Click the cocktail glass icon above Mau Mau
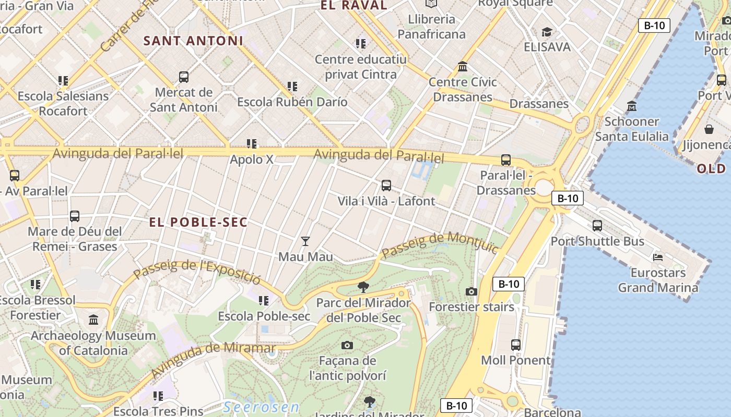tap(305, 241)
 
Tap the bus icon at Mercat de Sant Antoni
tap(184, 77)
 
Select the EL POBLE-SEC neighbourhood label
tap(198, 223)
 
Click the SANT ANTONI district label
tap(193, 41)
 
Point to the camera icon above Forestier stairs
tap(471, 291)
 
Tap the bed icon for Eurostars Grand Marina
tap(658, 257)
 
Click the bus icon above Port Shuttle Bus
tap(597, 226)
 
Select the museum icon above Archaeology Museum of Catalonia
tap(93, 320)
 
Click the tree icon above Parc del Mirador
tap(363, 287)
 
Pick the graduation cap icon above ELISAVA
tap(547, 32)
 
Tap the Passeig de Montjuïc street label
tap(440, 245)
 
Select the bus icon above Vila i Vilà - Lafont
tap(386, 185)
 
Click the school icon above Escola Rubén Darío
tap(292, 86)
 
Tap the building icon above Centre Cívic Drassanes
tap(463, 66)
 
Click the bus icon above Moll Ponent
tap(516, 345)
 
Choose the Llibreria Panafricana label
tap(431, 27)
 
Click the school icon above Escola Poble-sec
tap(264, 300)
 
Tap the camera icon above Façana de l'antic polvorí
tap(347, 345)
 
